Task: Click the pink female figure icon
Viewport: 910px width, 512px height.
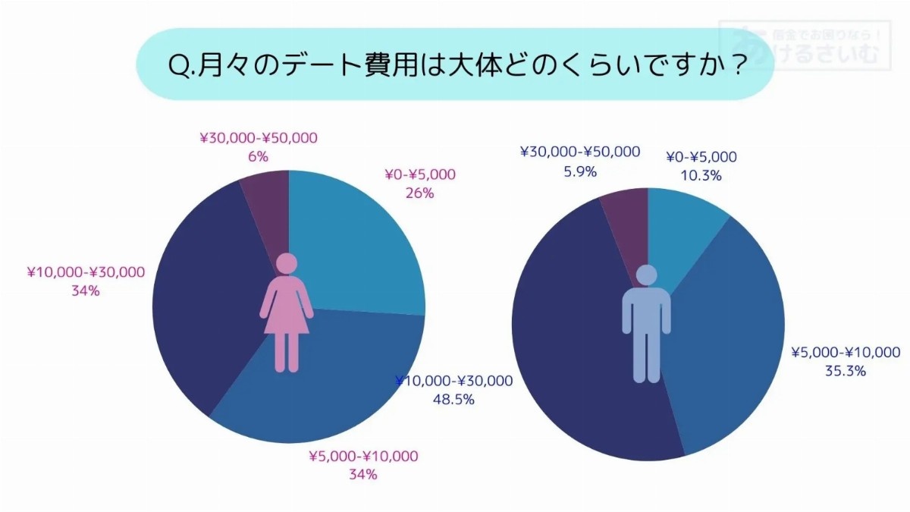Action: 287,313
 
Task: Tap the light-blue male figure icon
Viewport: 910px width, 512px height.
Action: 646,322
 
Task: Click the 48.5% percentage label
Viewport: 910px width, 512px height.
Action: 453,399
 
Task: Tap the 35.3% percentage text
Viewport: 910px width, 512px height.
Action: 846,371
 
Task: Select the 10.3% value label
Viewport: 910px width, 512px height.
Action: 701,175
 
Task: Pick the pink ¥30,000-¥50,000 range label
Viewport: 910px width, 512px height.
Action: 259,138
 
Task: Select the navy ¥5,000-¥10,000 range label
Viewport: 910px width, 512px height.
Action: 846,353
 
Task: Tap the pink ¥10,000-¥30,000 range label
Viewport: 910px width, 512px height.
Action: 86,272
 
